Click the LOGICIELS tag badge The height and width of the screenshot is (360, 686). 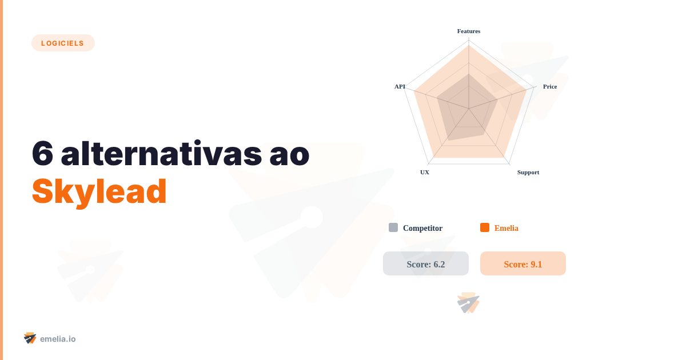tap(63, 43)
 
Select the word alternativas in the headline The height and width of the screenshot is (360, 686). tap(158, 153)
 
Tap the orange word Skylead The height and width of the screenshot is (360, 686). tap(99, 191)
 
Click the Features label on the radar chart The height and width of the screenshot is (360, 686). tap(469, 31)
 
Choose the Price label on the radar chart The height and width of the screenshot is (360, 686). tap(550, 86)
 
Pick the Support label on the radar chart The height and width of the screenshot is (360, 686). tap(528, 172)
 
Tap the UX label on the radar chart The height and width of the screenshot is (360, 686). tap(425, 172)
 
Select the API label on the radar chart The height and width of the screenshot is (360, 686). tap(400, 86)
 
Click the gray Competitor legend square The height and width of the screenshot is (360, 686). tap(393, 227)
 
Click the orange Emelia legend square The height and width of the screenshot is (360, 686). tap(485, 227)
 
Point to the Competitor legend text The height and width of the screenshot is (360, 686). tap(422, 228)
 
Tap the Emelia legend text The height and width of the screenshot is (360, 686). tap(506, 228)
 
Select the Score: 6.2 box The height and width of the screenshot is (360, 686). tap(426, 263)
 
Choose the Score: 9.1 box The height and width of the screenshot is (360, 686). tap(523, 263)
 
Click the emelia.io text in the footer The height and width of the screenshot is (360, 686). tap(58, 339)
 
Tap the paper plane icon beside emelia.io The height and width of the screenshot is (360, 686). tap(30, 338)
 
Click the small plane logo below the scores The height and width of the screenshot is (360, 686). tap(468, 303)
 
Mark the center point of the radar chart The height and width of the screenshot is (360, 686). tap(469, 108)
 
